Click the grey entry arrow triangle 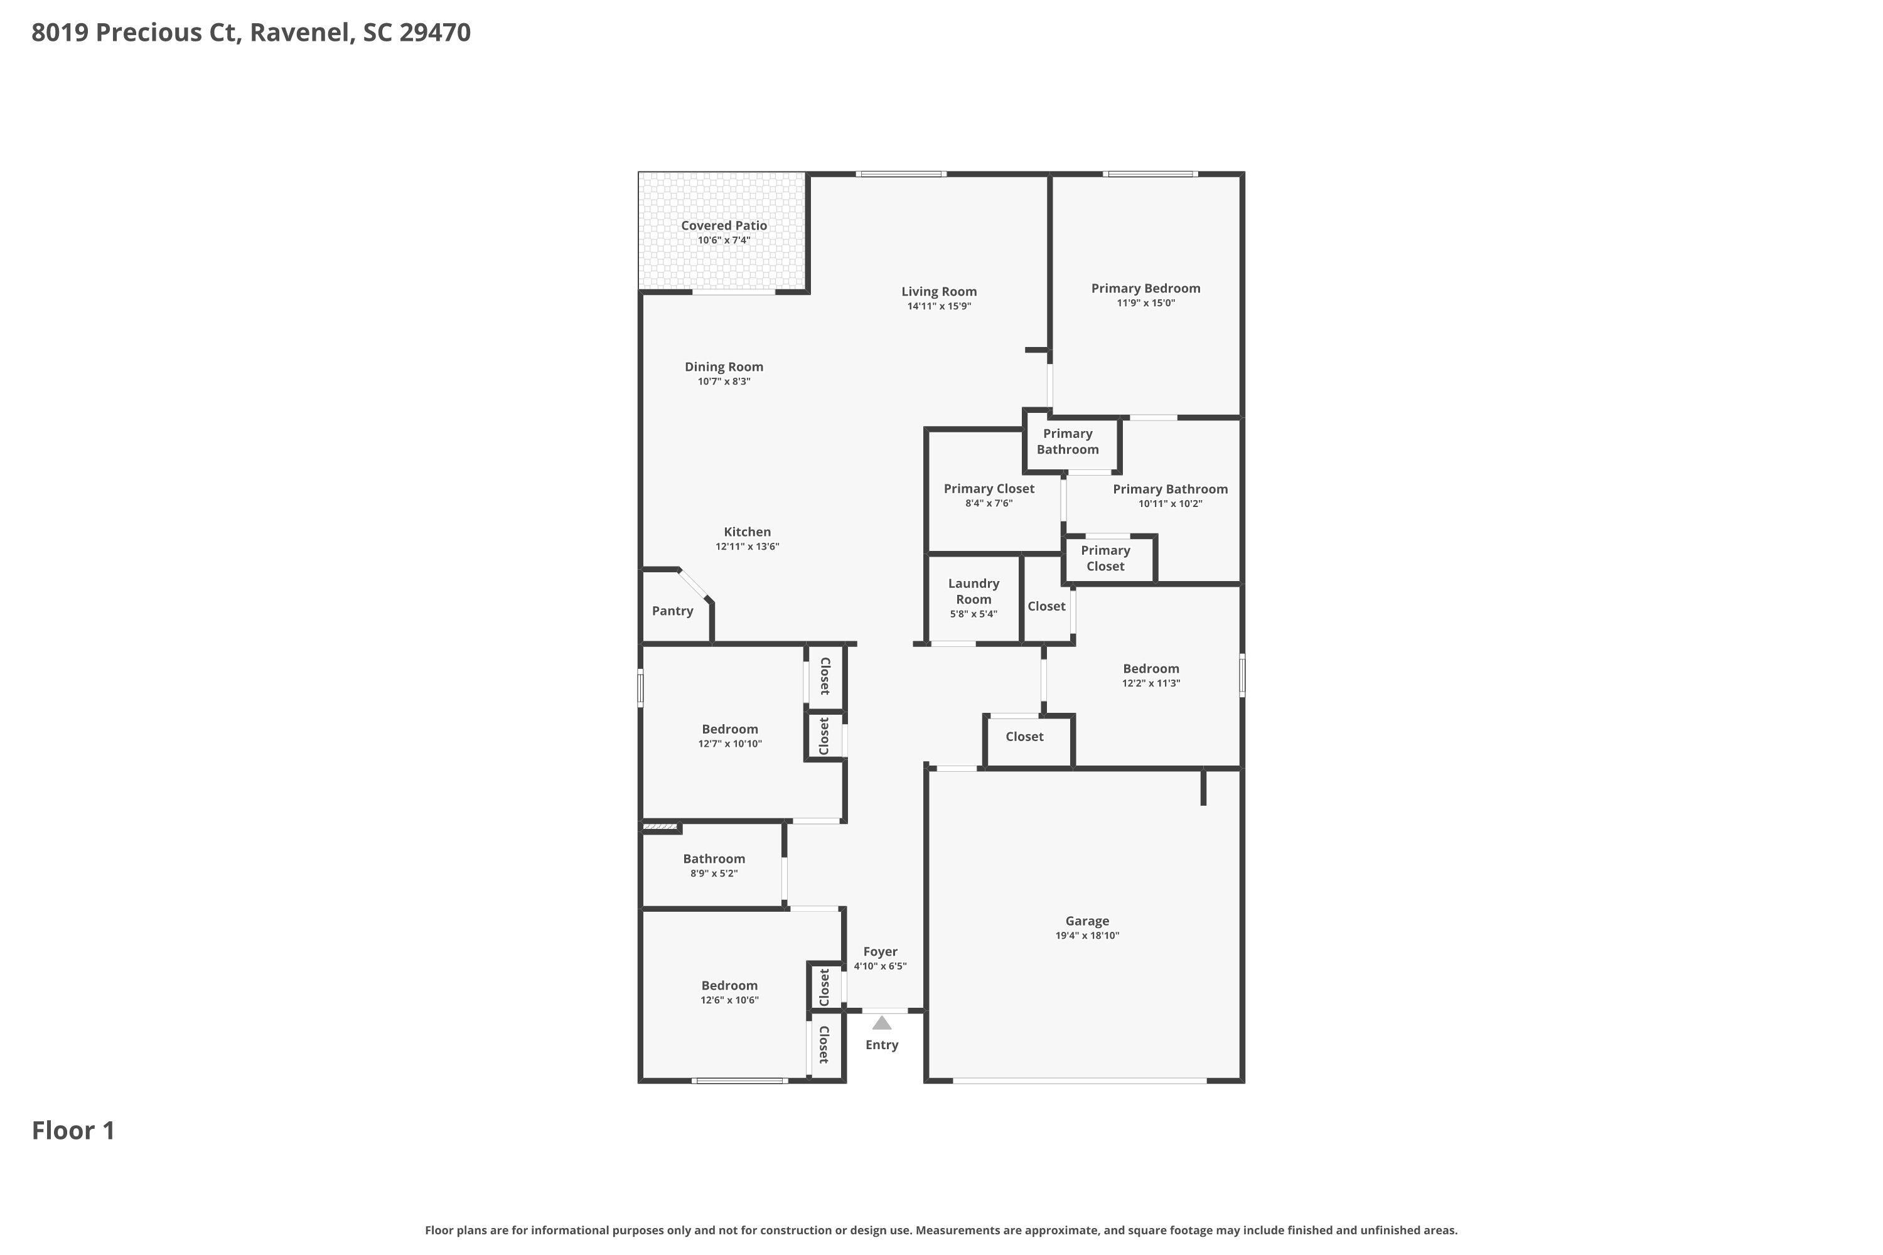tap(881, 1023)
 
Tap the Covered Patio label tap(724, 226)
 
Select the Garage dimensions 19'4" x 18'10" tap(1086, 936)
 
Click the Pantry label tap(672, 611)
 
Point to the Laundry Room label tap(974, 592)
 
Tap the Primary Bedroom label tap(1145, 288)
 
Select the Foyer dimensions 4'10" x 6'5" tap(880, 966)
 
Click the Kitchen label tap(747, 532)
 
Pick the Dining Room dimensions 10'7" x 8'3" tap(724, 382)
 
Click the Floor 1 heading tap(73, 1131)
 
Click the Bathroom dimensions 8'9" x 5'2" tap(713, 873)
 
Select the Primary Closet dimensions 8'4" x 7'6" tap(989, 503)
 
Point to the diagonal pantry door tap(694, 584)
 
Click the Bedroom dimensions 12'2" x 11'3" tap(1151, 683)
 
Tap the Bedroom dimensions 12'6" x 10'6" tap(729, 1000)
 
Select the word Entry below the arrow tap(881, 1045)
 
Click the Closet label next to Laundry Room tap(1046, 607)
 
